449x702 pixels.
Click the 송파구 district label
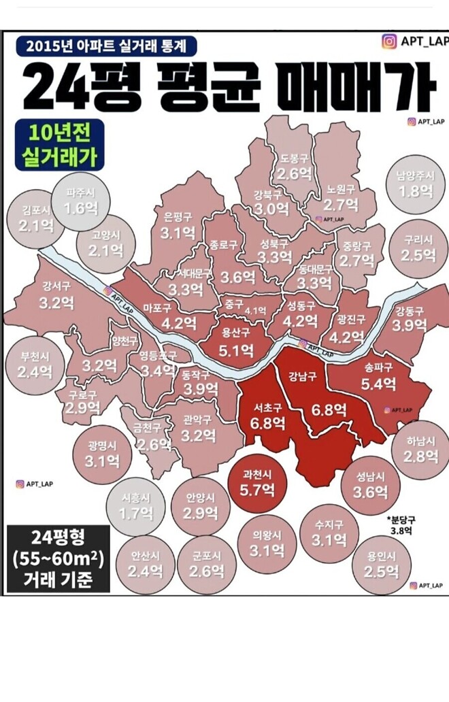coord(378,367)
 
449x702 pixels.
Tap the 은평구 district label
coord(178,218)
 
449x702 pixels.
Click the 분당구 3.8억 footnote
coord(401,524)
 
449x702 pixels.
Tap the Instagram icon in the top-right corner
coord(389,42)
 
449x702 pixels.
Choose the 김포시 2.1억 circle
coord(35,218)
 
